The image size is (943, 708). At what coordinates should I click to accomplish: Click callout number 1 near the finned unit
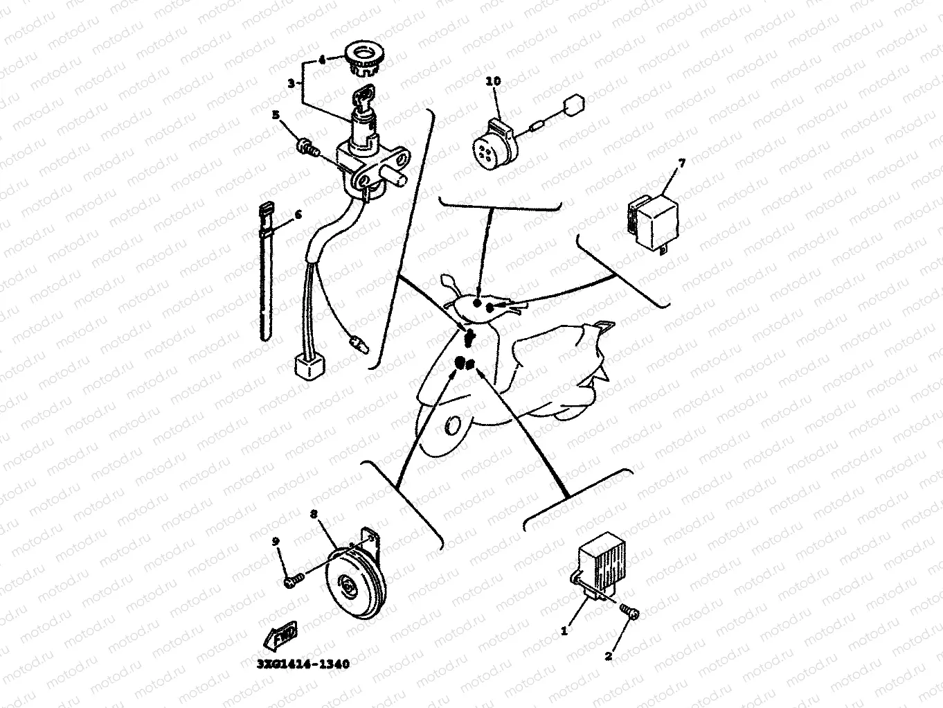[564, 631]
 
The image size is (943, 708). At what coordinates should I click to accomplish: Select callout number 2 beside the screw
[609, 656]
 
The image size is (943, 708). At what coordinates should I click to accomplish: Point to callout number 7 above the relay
[681, 163]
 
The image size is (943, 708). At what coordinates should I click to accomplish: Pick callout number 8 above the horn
[314, 514]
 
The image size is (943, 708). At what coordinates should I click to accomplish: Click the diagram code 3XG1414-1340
[303, 664]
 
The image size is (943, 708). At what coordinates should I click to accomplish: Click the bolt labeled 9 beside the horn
[292, 581]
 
